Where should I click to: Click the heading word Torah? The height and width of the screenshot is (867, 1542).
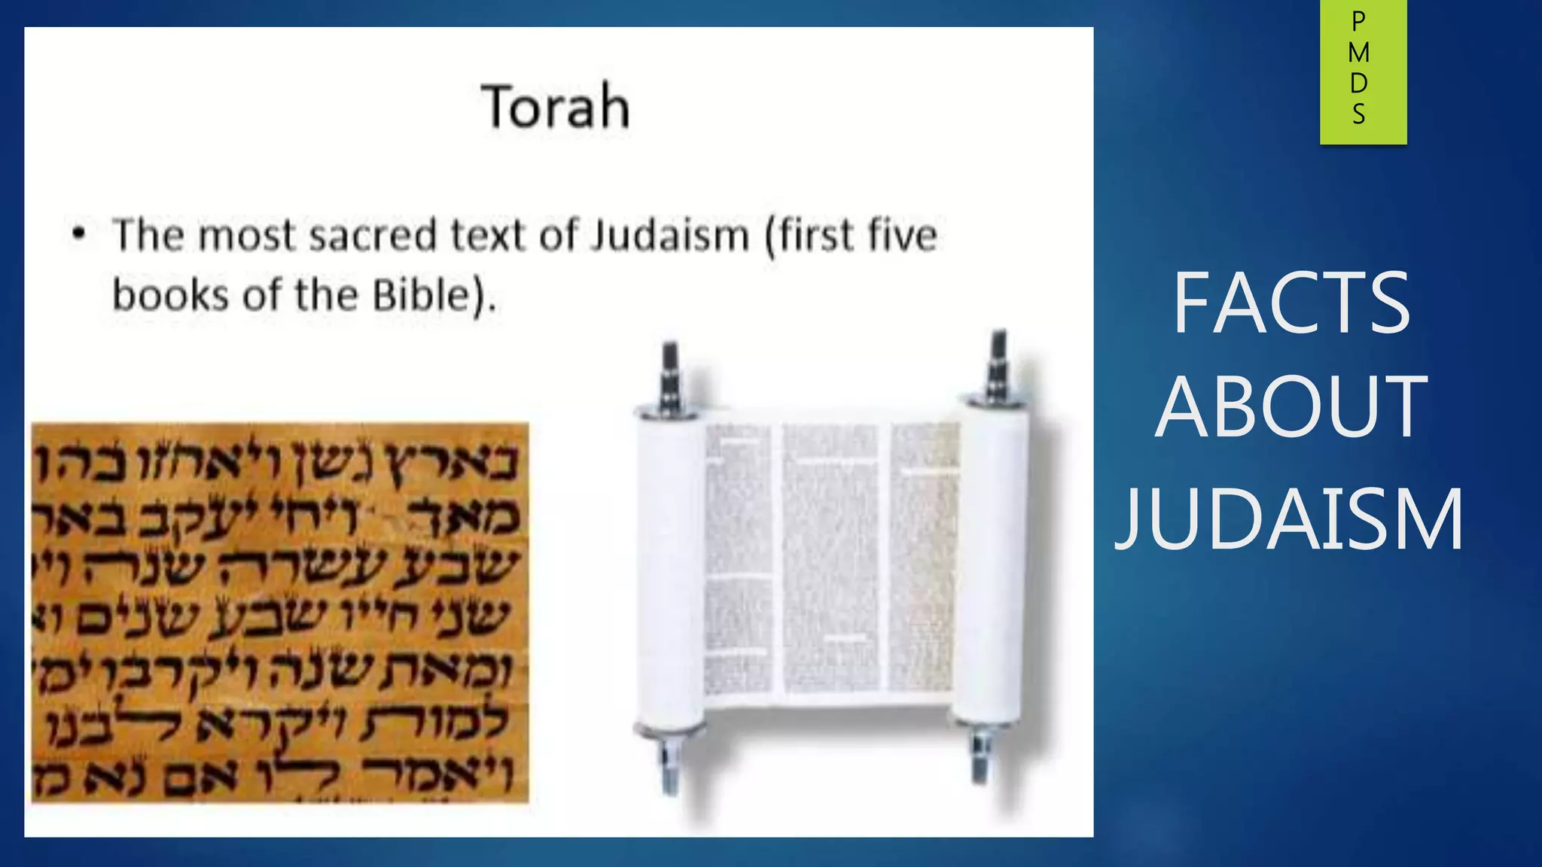556,107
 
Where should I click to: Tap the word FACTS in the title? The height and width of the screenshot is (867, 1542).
1291,303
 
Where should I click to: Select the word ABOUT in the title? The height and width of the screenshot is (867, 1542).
1291,407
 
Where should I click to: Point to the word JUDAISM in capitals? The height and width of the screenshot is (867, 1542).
1290,519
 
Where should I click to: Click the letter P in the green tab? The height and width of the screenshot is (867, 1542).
1359,22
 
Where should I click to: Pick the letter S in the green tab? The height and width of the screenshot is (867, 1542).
1359,114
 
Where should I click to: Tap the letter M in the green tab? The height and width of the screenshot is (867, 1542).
1359,53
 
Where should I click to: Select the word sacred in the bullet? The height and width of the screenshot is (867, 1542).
373,235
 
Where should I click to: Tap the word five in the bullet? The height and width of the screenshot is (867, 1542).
903,235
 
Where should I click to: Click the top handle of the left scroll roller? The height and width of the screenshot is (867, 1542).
669,376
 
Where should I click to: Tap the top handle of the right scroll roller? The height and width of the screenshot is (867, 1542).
998,364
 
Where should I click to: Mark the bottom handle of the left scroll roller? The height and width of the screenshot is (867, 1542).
669,764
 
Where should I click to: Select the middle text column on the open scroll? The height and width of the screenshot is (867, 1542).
830,557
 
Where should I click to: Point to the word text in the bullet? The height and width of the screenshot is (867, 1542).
488,235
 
